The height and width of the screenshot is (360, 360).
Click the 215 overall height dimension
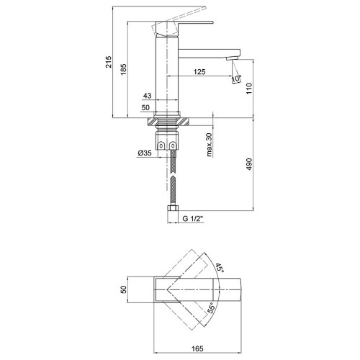pos(109,62)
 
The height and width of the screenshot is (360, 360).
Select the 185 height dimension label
pos(123,70)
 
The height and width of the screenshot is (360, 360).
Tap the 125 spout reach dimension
pos(199,72)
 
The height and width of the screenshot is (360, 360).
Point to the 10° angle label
pos(236,78)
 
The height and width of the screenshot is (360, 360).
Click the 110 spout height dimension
pos(249,89)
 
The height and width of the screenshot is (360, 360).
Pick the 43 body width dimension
pos(147,96)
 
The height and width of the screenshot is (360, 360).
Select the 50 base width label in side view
pos(145,107)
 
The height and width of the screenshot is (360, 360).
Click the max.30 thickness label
pos(210,145)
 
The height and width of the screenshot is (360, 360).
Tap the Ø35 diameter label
pos(145,153)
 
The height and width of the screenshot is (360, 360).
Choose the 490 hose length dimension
pos(249,164)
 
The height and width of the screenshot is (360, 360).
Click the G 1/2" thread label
pos(193,219)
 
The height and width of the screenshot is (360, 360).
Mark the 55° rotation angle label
pos(211,307)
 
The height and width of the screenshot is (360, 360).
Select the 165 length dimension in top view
pos(197,348)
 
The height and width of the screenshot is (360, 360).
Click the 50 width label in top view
pos(123,289)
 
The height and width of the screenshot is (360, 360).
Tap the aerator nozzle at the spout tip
pos(233,58)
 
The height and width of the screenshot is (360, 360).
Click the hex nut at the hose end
pos(173,208)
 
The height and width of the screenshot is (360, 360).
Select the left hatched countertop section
pos(151,122)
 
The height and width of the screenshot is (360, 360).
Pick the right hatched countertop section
pos(184,122)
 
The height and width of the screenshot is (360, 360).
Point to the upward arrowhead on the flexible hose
pos(173,178)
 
